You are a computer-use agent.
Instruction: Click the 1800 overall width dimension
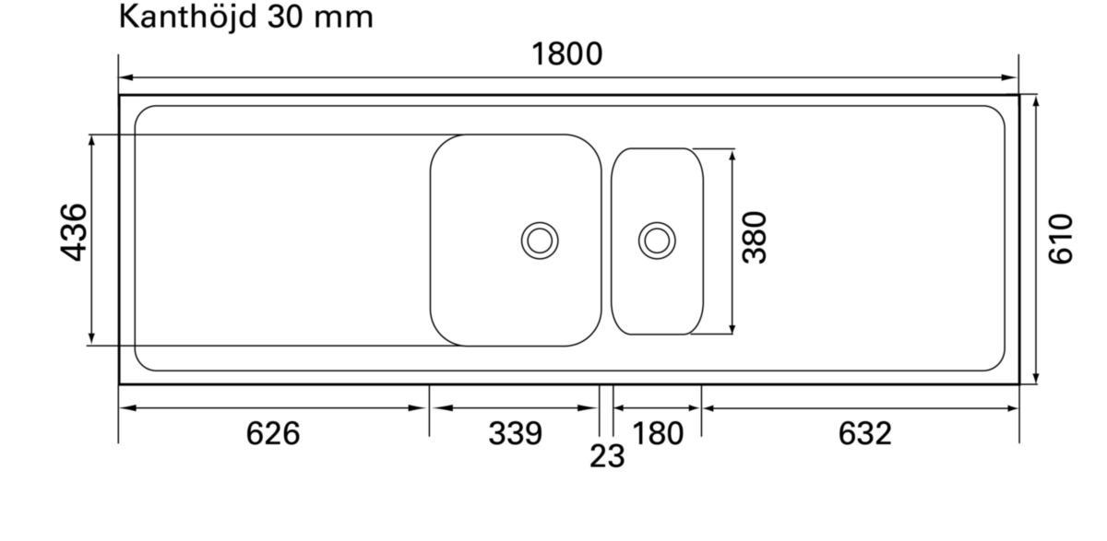point(566,54)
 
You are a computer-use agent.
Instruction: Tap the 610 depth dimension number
point(1061,239)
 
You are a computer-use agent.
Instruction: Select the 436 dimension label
point(74,232)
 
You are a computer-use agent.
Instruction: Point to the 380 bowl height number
point(755,238)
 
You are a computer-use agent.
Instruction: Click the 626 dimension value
point(273,433)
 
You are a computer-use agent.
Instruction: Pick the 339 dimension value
point(516,433)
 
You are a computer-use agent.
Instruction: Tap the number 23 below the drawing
point(607,456)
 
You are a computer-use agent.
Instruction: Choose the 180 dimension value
point(658,433)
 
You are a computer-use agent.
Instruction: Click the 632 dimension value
point(865,433)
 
